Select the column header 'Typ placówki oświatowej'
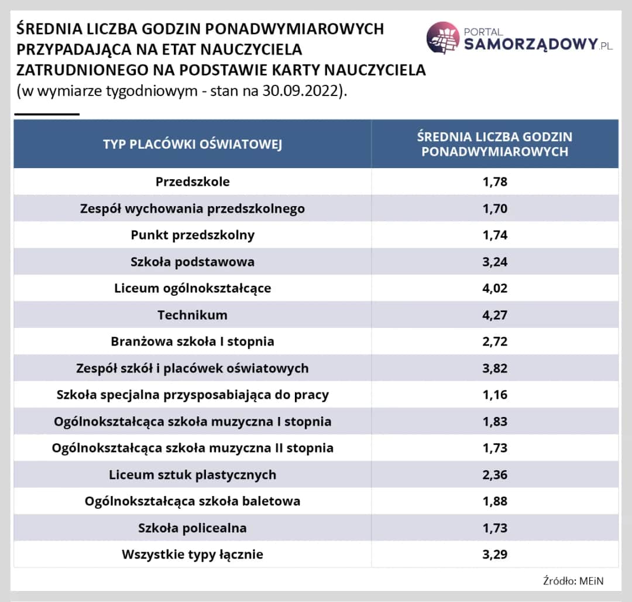[x=193, y=144]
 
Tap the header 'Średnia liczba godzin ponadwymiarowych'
[x=494, y=144]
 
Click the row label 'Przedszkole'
[x=193, y=182]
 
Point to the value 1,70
[x=494, y=208]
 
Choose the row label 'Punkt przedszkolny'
[x=193, y=235]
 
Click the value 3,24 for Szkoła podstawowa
[x=494, y=262]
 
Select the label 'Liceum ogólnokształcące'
[x=193, y=288]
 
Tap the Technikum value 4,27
[x=494, y=315]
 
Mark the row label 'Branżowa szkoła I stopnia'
[x=193, y=341]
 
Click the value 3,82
[x=494, y=368]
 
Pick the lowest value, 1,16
[x=494, y=395]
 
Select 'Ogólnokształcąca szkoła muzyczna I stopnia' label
[x=193, y=422]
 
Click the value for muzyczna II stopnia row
[x=494, y=448]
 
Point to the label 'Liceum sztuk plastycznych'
[x=193, y=474]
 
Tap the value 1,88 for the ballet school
[x=494, y=501]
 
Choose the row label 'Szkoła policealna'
[x=193, y=528]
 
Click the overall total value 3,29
[x=494, y=554]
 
